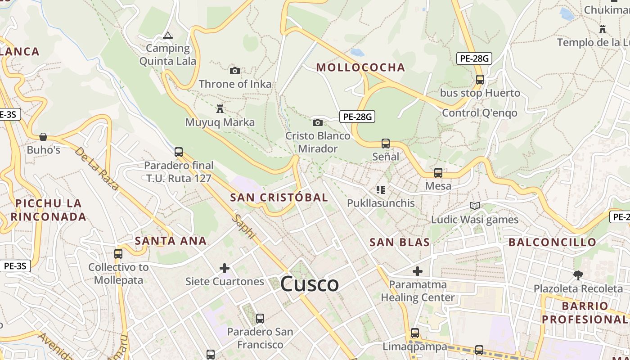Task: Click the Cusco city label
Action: pos(310,284)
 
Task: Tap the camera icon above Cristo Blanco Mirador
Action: pos(317,122)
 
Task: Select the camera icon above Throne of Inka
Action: pos(235,71)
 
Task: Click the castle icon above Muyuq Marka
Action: pos(220,109)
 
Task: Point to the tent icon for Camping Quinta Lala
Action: pos(168,35)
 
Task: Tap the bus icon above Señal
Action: pos(386,144)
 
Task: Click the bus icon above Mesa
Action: pos(438,173)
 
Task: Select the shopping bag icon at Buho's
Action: pos(43,136)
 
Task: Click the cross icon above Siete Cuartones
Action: pos(225,269)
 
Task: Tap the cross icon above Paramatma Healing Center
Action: pos(418,271)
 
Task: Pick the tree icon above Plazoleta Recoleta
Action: pos(578,275)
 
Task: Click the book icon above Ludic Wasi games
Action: pos(474,206)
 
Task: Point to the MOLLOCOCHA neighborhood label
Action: pos(360,67)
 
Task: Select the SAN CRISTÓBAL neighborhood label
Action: pos(279,198)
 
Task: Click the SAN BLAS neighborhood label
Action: pos(400,243)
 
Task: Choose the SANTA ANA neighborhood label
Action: pos(171,241)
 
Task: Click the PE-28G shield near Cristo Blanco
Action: pos(357,117)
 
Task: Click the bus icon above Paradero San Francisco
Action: pos(260,319)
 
